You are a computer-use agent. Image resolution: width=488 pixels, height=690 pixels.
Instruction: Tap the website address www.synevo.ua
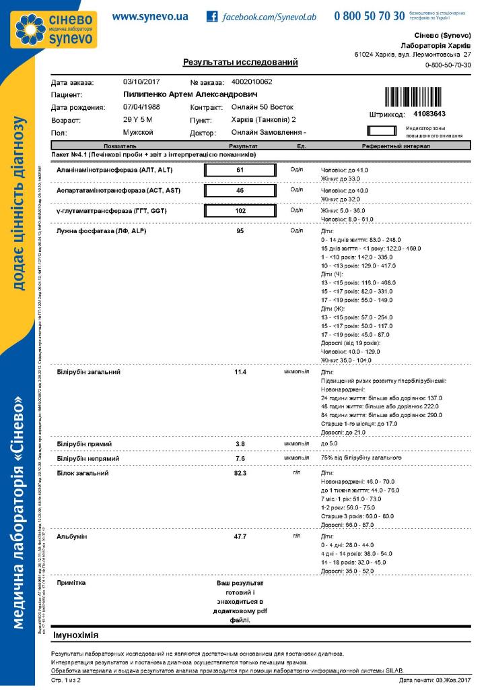click(x=150, y=16)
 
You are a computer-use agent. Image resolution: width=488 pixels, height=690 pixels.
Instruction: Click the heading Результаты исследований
click(x=240, y=63)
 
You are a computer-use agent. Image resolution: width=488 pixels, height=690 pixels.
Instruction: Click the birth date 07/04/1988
click(x=143, y=107)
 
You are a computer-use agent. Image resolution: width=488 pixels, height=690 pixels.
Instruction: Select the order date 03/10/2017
click(x=143, y=82)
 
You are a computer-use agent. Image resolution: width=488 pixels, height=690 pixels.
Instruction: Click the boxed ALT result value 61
click(x=240, y=170)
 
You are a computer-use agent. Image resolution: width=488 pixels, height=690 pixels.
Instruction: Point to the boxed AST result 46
click(x=240, y=191)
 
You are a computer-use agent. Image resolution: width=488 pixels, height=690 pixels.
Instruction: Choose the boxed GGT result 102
click(x=240, y=212)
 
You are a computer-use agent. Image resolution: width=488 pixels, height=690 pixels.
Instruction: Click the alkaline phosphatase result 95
click(x=240, y=232)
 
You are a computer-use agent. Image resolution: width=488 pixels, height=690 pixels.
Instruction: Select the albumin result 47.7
click(x=240, y=537)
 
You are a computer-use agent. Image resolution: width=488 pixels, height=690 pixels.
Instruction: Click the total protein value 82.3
click(x=240, y=473)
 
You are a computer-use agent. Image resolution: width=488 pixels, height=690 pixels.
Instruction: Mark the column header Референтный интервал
click(x=392, y=146)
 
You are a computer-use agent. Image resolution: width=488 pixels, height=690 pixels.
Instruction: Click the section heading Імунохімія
click(x=76, y=635)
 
